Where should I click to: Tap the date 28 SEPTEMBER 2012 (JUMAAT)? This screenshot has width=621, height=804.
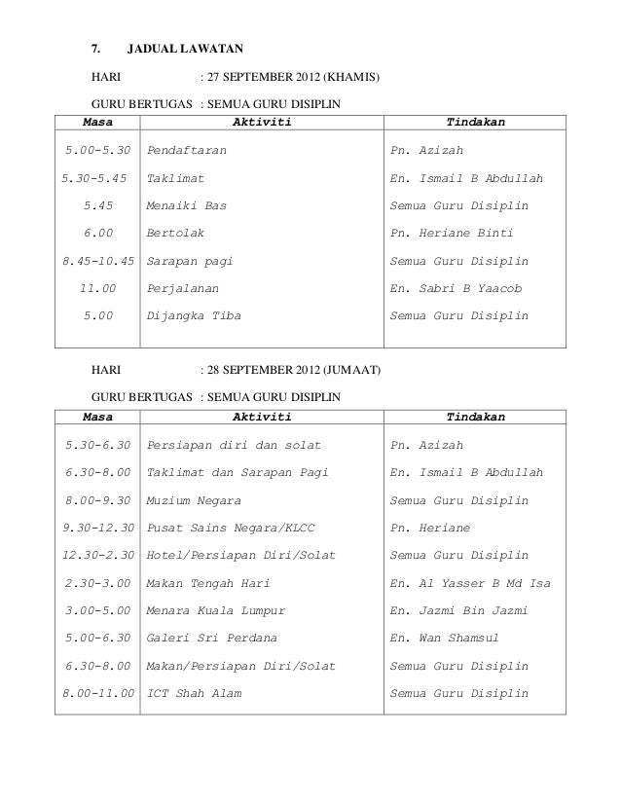[295, 371]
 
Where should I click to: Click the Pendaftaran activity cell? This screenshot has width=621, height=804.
[190, 152]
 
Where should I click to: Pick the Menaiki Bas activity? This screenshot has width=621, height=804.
[187, 206]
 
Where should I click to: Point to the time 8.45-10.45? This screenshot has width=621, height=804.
[96, 261]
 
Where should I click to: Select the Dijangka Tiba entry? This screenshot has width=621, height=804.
[194, 315]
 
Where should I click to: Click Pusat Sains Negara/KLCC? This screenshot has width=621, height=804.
[231, 528]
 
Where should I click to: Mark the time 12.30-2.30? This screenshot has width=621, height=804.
[96, 555]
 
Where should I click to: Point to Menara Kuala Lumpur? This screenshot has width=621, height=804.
[216, 610]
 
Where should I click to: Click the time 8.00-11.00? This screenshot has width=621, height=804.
[96, 693]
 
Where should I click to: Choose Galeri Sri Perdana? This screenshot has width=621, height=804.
[212, 638]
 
